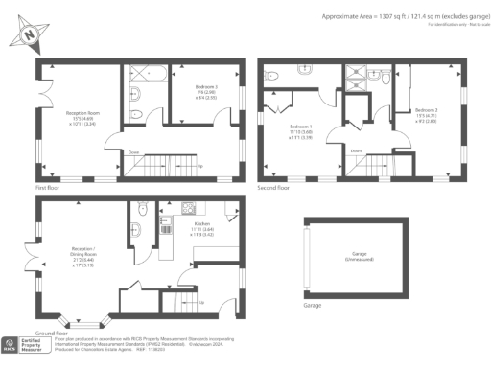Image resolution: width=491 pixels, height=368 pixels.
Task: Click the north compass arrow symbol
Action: point(29,34)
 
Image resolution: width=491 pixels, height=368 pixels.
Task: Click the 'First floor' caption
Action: point(47,189)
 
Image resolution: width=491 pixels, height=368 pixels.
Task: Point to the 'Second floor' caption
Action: point(272,189)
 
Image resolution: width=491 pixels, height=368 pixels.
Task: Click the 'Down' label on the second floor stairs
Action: point(355,151)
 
